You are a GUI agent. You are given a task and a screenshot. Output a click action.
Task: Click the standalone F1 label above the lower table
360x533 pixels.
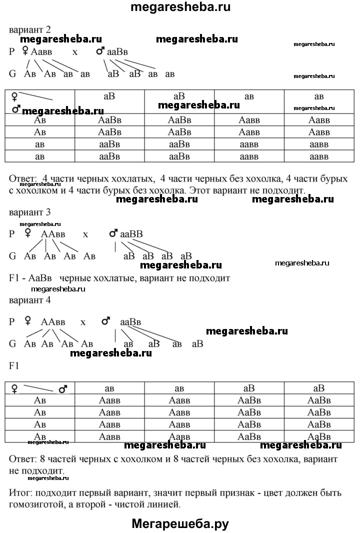(14, 365)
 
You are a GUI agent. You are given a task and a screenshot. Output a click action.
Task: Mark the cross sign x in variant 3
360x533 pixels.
(85, 234)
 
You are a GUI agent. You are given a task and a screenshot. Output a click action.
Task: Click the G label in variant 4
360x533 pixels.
(12, 343)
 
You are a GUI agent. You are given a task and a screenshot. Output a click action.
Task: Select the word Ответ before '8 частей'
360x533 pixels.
(22, 458)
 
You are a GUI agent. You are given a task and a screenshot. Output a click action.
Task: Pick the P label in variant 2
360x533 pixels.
(12, 51)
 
